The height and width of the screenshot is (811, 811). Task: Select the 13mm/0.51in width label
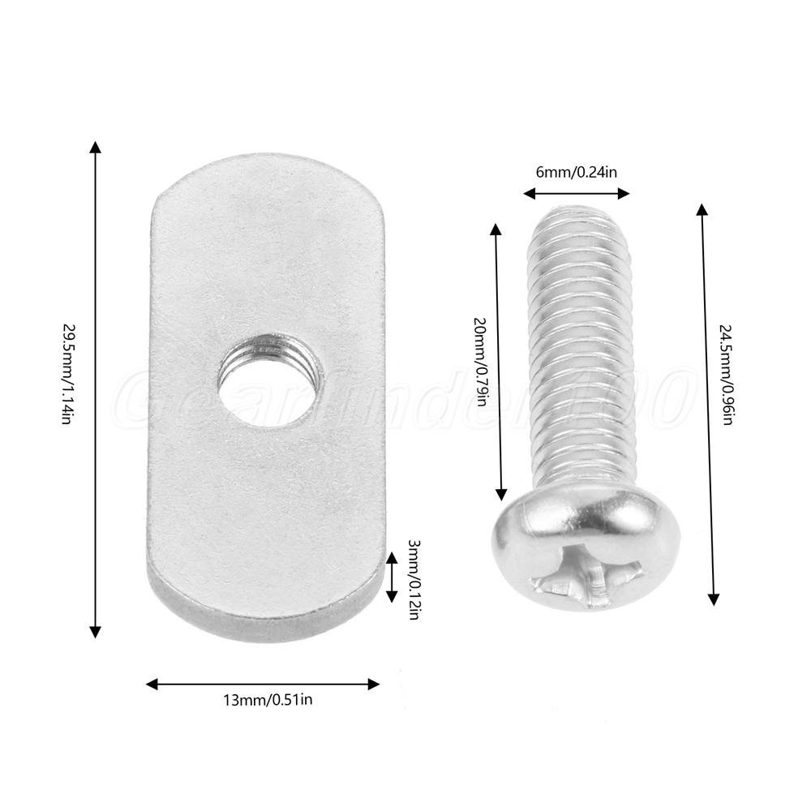[x=268, y=700]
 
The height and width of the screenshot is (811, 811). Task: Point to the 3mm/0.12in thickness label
[x=414, y=579]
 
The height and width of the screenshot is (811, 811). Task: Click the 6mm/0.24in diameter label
[x=576, y=172]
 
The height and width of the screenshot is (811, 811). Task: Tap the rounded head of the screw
[x=586, y=549]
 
